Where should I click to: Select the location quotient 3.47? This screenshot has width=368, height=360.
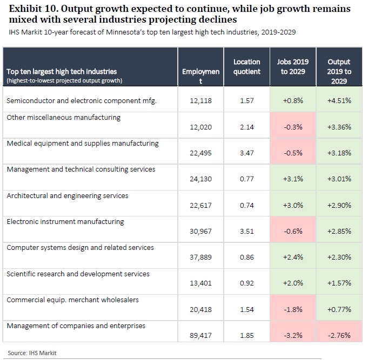(246, 153)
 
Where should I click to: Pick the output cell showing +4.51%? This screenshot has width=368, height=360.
(339, 101)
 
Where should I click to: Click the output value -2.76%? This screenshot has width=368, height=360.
(339, 335)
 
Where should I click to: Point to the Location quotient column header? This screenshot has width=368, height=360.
(246, 67)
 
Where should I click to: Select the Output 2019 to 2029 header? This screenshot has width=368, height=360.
(339, 71)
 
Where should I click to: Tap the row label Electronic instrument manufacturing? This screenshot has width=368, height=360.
(65, 221)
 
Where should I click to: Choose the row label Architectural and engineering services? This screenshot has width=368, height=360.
(68, 195)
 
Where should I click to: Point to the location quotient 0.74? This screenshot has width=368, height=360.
(246, 205)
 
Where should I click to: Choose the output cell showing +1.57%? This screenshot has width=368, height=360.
(339, 283)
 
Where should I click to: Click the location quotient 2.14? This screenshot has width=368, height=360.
(246, 127)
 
